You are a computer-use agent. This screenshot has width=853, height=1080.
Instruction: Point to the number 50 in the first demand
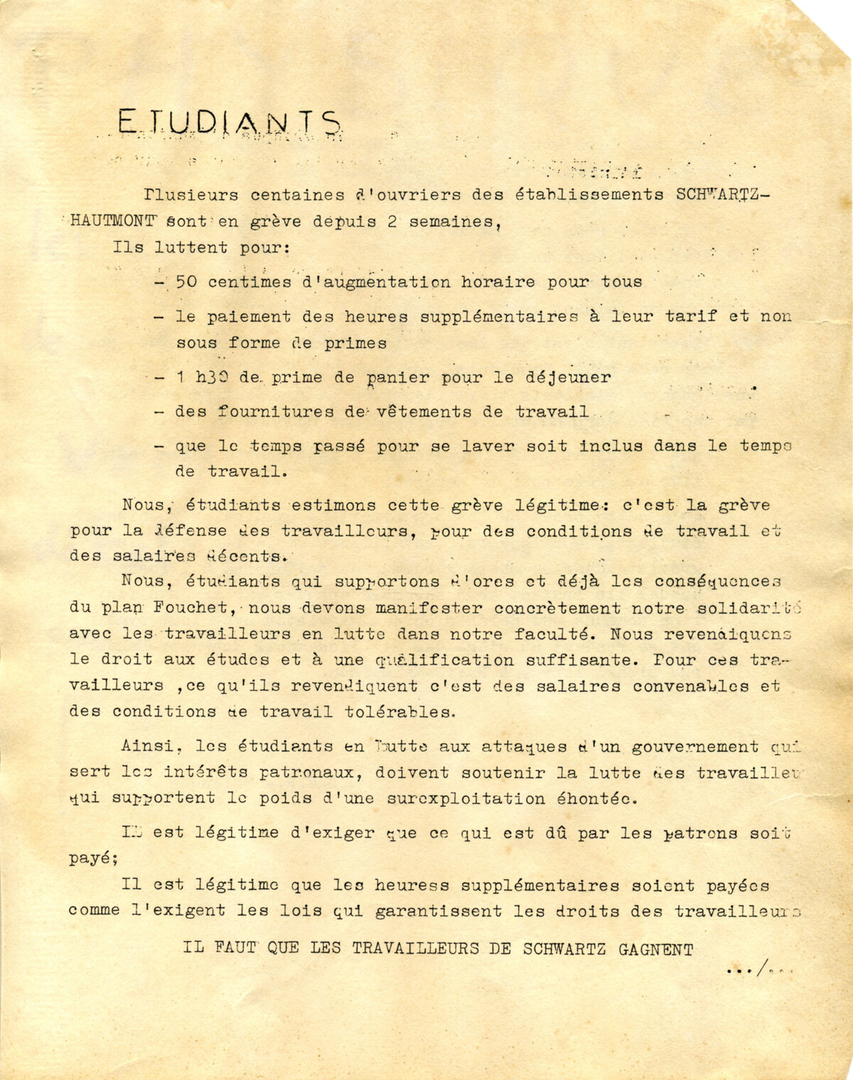[x=186, y=282]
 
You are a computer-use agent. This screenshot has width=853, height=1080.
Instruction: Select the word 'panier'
[x=397, y=378]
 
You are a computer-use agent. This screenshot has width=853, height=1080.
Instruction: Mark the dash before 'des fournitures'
[x=160, y=412]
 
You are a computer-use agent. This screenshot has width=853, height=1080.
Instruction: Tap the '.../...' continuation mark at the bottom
[x=760, y=968]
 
